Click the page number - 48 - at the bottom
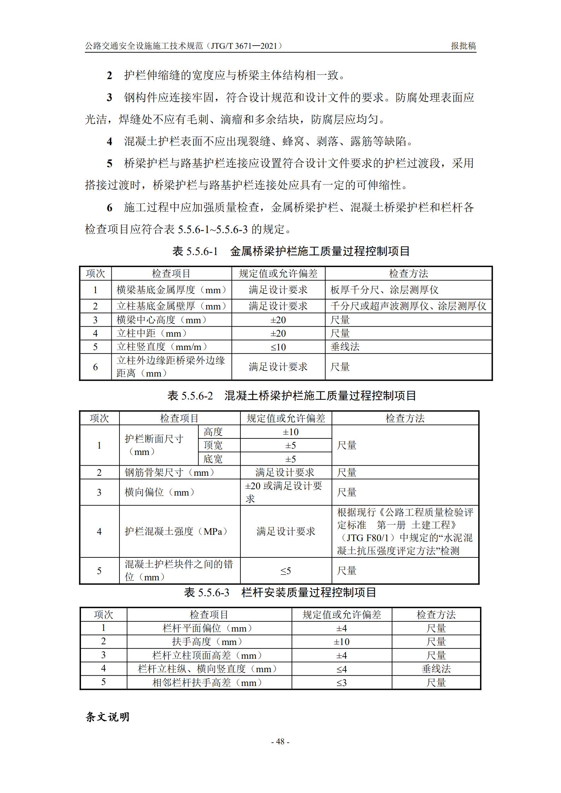pos(280,741)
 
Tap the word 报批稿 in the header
pos(463,46)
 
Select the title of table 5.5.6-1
pos(291,251)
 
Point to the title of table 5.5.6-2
pos(292,396)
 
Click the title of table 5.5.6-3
pos(280,592)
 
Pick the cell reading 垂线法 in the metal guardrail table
pos(345,347)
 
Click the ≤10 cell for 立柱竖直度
pos(278,347)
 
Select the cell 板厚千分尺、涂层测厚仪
pos(384,290)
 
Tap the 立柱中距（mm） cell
pos(152,333)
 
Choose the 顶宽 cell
pos(213,445)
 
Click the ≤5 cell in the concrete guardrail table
pos(286,571)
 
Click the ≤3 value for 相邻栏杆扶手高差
pos(341,682)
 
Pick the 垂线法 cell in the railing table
pos(436,669)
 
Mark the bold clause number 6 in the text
pos(110,208)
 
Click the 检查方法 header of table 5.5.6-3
pos(436,615)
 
